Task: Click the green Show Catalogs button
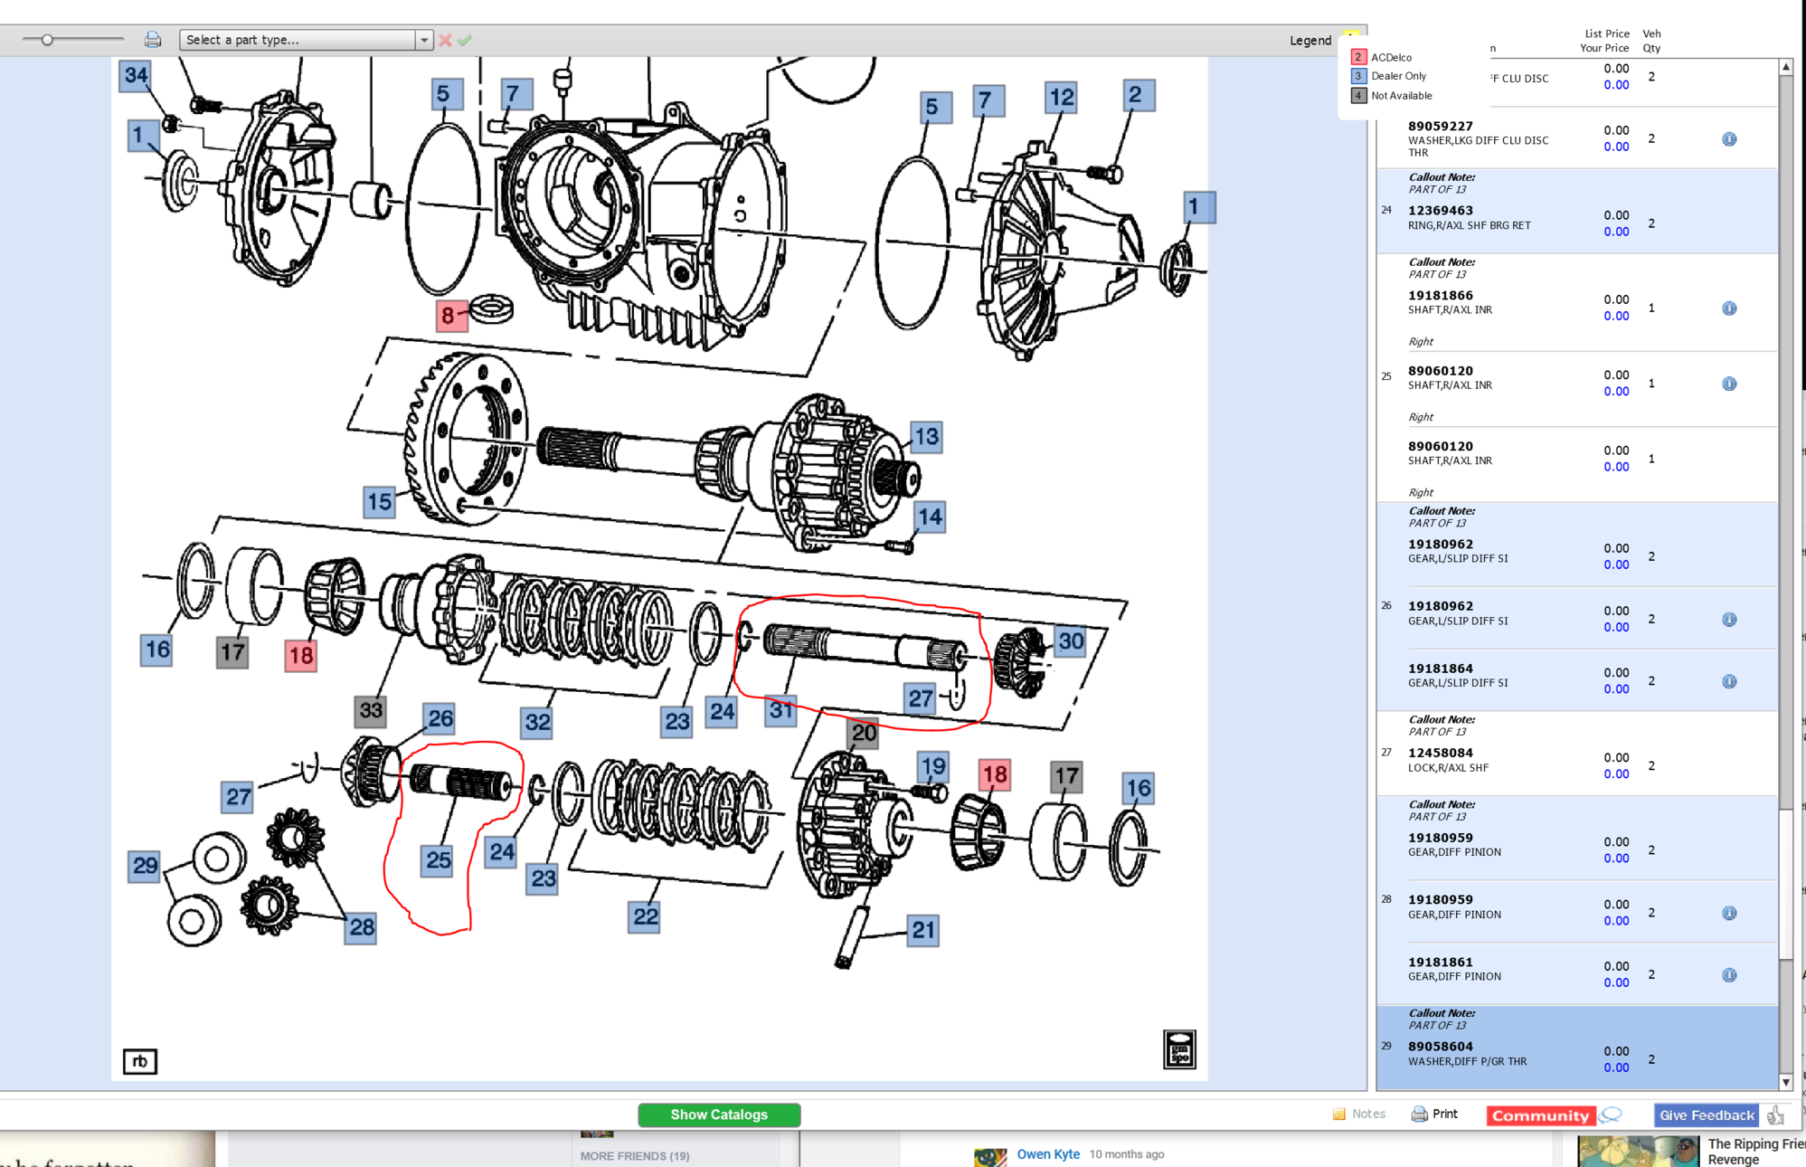pos(719,1115)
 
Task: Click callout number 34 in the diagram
pos(136,75)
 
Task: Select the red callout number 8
pos(449,316)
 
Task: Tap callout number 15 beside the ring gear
pos(380,502)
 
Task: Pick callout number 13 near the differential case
pos(926,438)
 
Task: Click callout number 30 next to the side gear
pos(1071,642)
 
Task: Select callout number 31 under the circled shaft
pos(780,711)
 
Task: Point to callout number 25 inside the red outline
pos(439,860)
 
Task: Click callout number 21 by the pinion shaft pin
pos(923,930)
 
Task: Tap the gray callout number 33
pos(371,710)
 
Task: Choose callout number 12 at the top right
pos(1062,98)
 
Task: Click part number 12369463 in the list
pos(1440,211)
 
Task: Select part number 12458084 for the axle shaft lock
pos(1440,753)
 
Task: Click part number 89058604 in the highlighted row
pos(1440,1047)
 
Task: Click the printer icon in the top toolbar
pos(153,40)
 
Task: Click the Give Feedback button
pos(1706,1115)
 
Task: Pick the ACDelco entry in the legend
pos(1390,57)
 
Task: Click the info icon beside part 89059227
pos(1728,139)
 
